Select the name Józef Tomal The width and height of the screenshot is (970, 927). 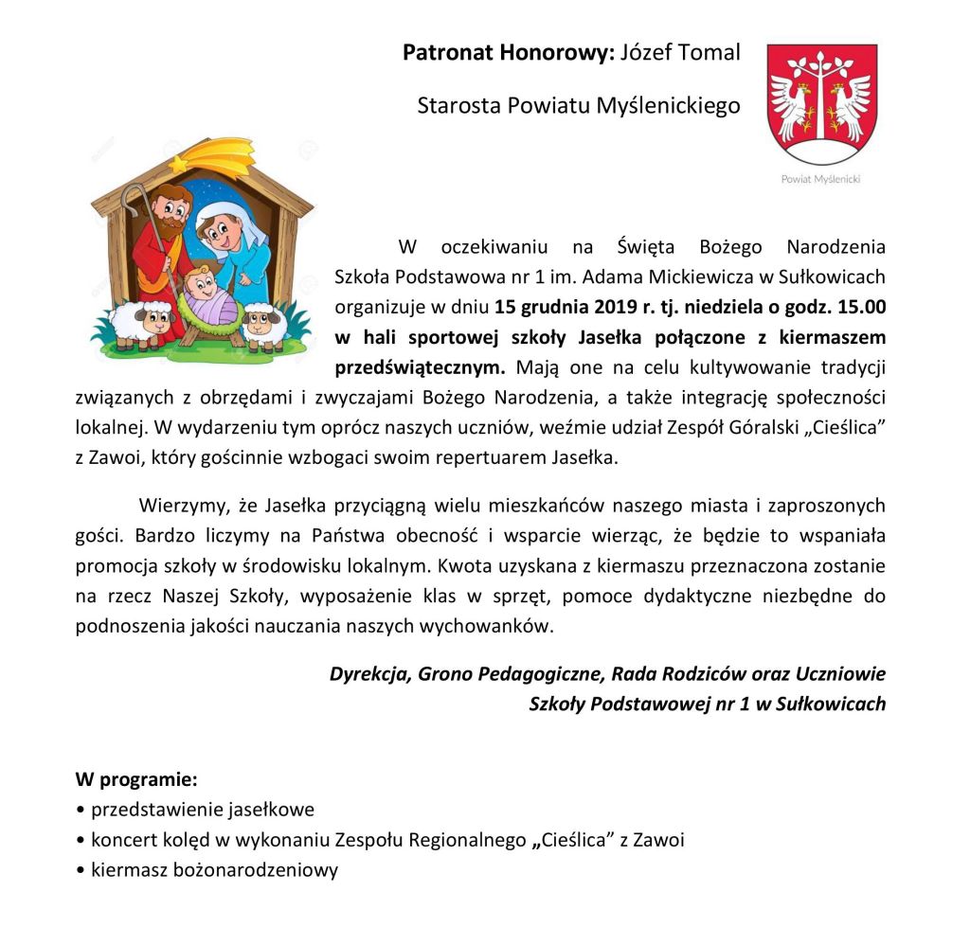coord(679,53)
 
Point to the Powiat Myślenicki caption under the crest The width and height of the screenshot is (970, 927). coord(820,179)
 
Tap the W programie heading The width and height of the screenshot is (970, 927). coord(136,781)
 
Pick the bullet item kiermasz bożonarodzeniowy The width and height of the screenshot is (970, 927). coord(213,869)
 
